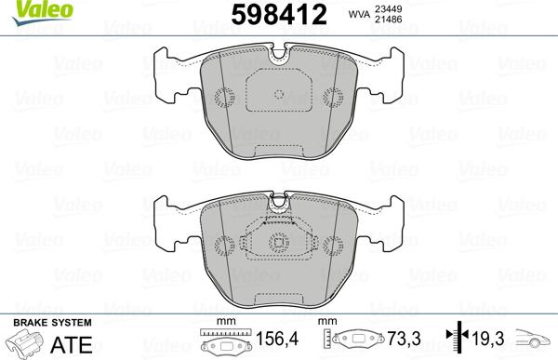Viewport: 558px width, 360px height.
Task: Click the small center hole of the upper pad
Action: tap(279, 93)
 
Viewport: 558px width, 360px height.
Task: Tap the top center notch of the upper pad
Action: tap(279, 57)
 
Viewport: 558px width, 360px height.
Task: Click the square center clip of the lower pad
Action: tap(279, 244)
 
